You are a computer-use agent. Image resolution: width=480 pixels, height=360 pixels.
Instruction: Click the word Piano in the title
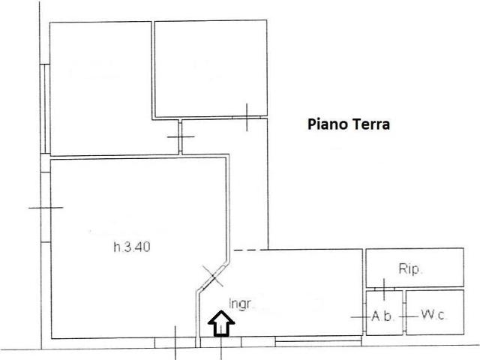click(327, 124)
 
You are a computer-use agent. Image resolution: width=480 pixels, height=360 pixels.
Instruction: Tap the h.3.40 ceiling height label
click(132, 247)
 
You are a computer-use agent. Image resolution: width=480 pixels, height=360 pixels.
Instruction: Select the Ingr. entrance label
click(240, 304)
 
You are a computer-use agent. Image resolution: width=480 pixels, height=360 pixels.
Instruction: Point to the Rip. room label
click(410, 269)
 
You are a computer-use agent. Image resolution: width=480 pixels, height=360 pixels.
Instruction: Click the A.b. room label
click(382, 316)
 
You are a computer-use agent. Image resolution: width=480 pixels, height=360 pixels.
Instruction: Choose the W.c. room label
click(433, 315)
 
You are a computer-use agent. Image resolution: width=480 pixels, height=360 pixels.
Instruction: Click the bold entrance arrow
click(221, 323)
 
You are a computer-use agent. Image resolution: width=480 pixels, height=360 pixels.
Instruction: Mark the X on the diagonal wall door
click(213, 276)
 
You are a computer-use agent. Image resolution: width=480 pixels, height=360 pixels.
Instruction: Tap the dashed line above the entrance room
click(248, 250)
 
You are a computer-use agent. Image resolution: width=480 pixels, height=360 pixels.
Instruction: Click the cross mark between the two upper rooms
click(181, 136)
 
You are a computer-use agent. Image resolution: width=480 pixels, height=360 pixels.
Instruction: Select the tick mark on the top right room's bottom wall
click(247, 117)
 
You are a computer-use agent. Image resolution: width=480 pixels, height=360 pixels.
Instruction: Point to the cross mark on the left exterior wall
click(46, 208)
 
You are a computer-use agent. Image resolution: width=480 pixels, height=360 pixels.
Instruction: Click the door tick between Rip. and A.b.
click(384, 289)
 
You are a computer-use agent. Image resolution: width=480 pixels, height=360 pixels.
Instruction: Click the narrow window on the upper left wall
click(45, 109)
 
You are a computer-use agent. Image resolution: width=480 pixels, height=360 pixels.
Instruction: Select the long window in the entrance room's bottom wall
click(318, 341)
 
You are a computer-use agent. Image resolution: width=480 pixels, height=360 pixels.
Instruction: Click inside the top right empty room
click(211, 68)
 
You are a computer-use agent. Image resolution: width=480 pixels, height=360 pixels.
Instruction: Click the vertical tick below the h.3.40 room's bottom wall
click(175, 343)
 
